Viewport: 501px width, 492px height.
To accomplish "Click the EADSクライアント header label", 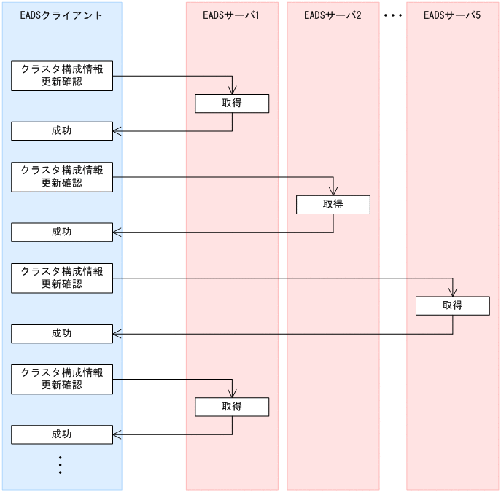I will (x=61, y=15).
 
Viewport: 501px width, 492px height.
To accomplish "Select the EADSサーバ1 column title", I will (x=232, y=15).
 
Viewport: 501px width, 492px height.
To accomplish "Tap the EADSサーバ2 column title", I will (x=333, y=15).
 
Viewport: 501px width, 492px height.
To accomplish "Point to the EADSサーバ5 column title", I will (x=452, y=15).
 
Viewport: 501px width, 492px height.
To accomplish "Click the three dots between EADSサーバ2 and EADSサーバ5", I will (x=393, y=15).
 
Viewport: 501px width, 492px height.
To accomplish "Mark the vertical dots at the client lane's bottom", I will (x=61, y=464).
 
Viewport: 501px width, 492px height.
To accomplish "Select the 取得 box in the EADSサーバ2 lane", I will (x=333, y=205).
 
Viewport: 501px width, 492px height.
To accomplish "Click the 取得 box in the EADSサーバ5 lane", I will (x=452, y=305).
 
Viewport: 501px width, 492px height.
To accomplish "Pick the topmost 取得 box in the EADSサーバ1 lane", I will (x=232, y=104).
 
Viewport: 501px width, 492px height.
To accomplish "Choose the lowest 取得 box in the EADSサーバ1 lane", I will (x=232, y=407).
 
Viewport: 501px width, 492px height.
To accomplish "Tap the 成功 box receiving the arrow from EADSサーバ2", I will (x=62, y=233).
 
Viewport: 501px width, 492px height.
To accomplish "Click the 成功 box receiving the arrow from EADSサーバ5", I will (x=62, y=334).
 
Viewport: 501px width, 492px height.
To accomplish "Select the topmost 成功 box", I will (x=62, y=131).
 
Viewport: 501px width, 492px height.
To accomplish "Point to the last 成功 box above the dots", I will (x=62, y=434).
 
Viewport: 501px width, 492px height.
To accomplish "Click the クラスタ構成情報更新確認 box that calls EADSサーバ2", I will (x=62, y=176).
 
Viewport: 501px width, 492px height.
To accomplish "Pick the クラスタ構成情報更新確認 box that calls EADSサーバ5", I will (x=62, y=278).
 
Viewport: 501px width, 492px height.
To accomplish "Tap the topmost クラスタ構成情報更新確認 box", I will (x=62, y=75).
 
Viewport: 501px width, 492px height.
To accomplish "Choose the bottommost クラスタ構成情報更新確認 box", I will (x=62, y=379).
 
